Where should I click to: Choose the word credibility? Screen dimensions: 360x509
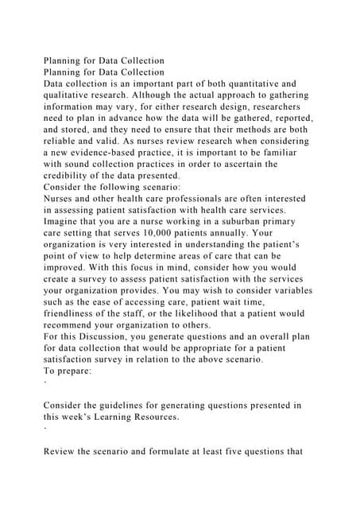tap(72, 177)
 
